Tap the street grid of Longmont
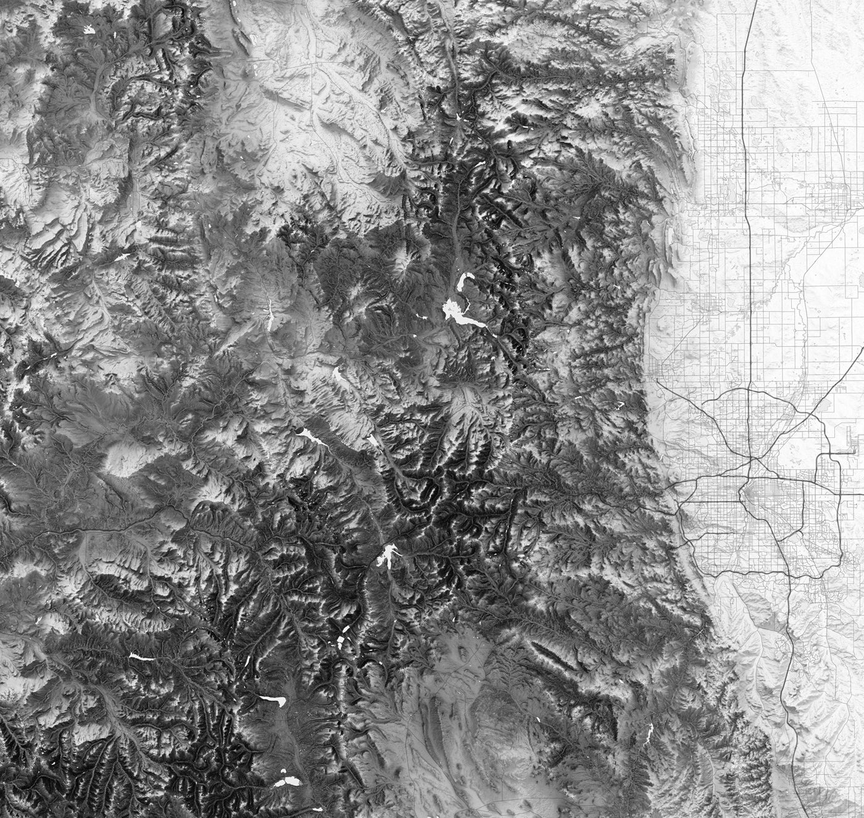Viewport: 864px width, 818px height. click(x=704, y=309)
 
